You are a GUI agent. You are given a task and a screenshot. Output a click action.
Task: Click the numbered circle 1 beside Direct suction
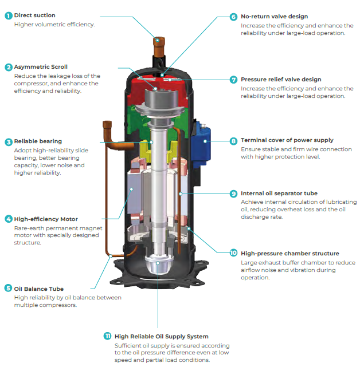click(x=8, y=15)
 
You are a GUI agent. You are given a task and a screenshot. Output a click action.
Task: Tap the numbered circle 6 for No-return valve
click(x=233, y=17)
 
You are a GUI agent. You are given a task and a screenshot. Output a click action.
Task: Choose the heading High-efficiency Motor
click(x=46, y=219)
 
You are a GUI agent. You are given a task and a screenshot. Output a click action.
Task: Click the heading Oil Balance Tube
click(x=39, y=289)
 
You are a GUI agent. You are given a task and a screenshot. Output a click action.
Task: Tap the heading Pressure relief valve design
click(x=289, y=80)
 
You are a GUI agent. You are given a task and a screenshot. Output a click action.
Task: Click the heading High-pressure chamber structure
click(x=289, y=253)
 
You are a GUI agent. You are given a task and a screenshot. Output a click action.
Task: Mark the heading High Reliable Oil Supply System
click(x=162, y=336)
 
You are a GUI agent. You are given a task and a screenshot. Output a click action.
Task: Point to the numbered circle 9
click(x=233, y=194)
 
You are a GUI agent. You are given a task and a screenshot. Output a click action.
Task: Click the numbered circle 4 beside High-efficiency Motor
click(x=8, y=219)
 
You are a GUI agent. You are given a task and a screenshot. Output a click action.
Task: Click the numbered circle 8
click(x=233, y=140)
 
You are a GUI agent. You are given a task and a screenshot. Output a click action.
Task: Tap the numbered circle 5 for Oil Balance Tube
click(x=8, y=289)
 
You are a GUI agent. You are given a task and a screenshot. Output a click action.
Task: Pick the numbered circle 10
click(x=233, y=253)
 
